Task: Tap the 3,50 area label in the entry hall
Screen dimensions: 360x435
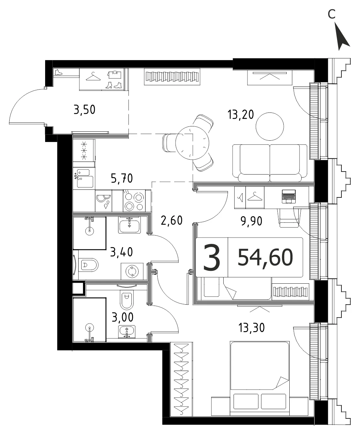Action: (84, 109)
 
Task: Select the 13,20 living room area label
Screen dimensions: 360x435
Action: (241, 114)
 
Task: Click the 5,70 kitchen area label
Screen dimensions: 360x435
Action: (122, 178)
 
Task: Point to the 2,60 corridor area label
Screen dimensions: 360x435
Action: (172, 220)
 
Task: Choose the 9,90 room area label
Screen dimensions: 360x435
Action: (252, 221)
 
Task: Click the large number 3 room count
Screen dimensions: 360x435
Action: (212, 257)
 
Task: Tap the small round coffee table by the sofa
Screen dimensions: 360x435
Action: (270, 126)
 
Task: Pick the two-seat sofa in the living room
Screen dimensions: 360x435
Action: (270, 163)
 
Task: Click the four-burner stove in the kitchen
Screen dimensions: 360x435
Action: (134, 201)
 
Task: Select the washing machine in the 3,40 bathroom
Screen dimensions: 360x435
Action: (132, 271)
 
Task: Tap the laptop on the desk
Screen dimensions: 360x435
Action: (289, 196)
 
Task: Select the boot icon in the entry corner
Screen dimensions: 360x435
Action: (58, 72)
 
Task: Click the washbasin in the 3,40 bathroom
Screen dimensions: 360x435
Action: (129, 225)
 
